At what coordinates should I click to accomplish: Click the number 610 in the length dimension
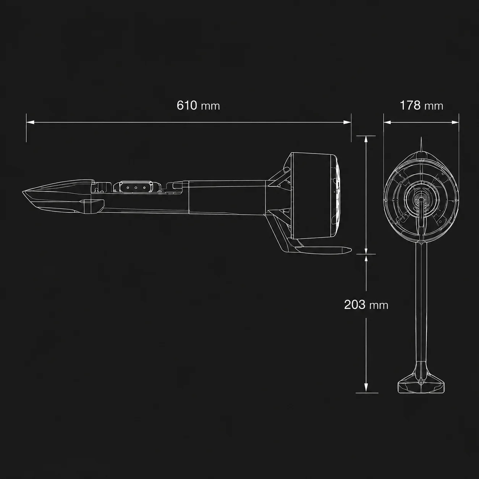click(x=187, y=105)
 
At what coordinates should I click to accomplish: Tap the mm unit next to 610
click(x=210, y=107)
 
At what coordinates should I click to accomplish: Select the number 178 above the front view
click(x=410, y=105)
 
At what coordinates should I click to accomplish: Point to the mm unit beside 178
click(x=434, y=107)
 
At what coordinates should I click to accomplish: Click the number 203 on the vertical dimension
click(x=355, y=304)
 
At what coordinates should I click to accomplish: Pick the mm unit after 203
click(x=379, y=306)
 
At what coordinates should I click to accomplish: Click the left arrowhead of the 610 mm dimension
click(x=30, y=122)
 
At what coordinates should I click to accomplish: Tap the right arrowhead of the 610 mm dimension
click(x=347, y=122)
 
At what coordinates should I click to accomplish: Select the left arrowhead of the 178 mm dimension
click(x=387, y=122)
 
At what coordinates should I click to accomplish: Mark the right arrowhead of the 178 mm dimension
click(x=455, y=122)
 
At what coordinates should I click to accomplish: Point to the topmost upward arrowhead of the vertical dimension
click(x=366, y=140)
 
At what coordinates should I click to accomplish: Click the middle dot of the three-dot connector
click(x=136, y=188)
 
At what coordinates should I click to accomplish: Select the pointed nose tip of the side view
click(x=23, y=192)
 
